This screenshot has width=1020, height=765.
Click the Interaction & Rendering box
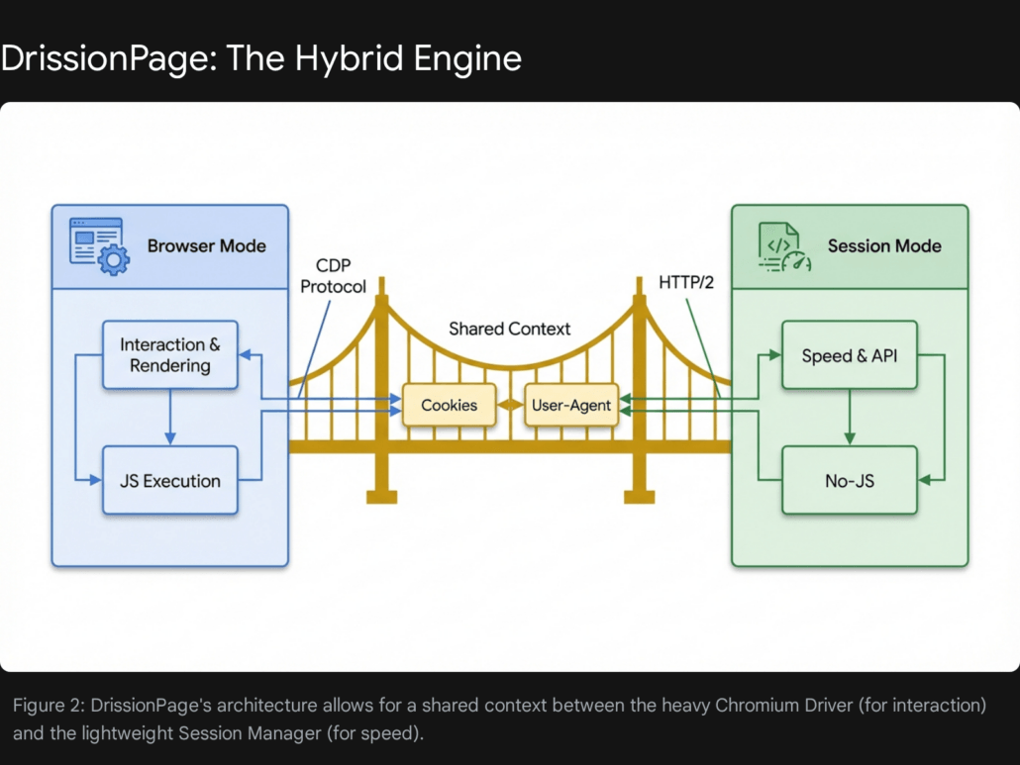click(170, 354)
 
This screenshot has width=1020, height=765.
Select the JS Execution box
click(170, 481)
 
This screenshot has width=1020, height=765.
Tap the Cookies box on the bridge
click(449, 405)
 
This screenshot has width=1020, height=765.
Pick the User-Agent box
click(570, 405)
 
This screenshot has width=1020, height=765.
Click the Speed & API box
click(848, 355)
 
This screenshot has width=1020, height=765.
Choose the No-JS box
click(848, 481)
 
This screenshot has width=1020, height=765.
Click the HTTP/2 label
click(686, 282)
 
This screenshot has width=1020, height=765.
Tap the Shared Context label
click(509, 329)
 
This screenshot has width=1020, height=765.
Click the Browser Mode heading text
click(206, 245)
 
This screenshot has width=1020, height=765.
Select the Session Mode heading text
click(883, 245)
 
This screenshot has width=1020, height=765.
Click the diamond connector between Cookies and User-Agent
click(510, 405)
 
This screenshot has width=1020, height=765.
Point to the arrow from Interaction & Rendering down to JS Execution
click(170, 416)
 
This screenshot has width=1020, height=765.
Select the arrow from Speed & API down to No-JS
click(848, 417)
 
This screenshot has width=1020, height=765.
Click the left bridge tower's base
click(381, 494)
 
